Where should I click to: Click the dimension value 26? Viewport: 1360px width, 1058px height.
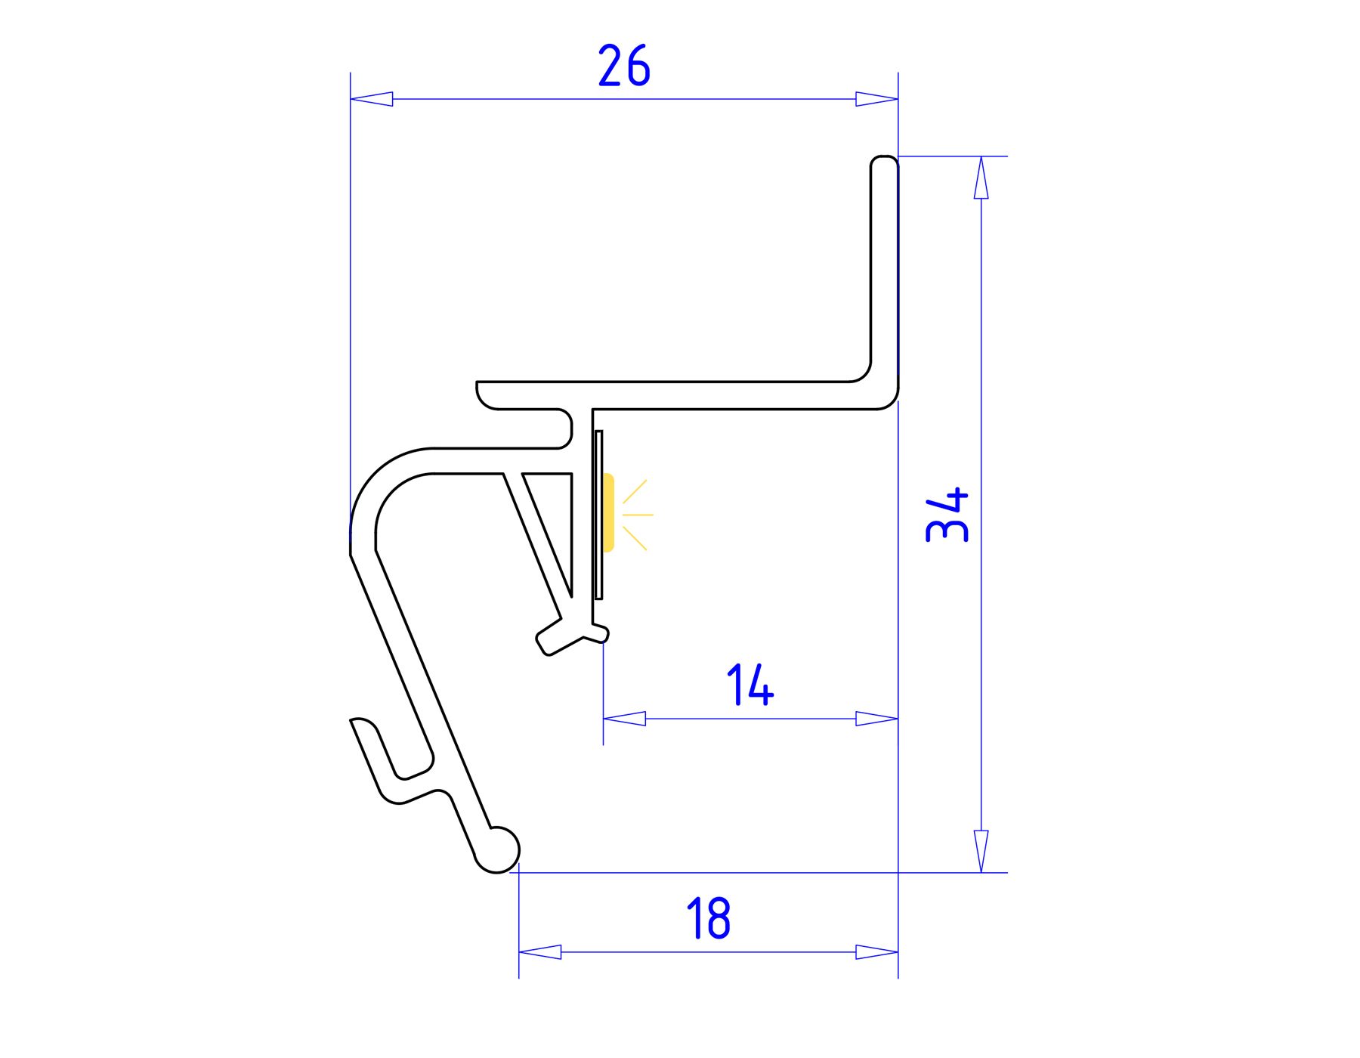coord(624,66)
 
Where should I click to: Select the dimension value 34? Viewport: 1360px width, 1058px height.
coord(947,515)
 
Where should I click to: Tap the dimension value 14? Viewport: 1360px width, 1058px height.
coord(750,685)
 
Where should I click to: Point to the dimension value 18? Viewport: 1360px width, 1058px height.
coord(708,918)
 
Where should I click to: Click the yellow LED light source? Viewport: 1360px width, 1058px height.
coord(608,512)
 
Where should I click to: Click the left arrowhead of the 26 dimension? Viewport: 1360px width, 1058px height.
coord(372,99)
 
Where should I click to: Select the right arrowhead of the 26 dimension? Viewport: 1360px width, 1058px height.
coord(876,99)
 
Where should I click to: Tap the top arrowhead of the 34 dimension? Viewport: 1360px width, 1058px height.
coord(981,178)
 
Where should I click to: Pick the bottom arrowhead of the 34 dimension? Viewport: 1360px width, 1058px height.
coord(981,852)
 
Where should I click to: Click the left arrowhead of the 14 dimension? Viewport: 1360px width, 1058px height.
coord(624,719)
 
